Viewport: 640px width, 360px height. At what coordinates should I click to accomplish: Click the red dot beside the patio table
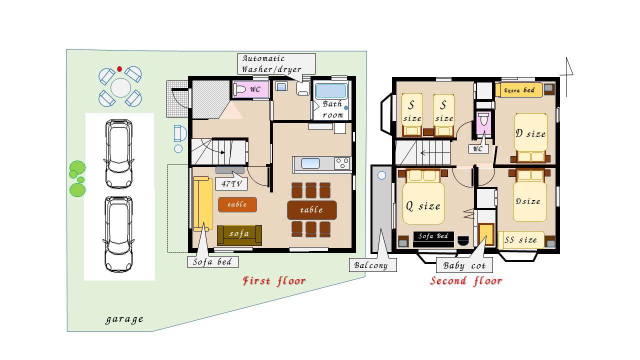point(119,69)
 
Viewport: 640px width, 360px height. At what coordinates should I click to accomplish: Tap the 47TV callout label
point(231,183)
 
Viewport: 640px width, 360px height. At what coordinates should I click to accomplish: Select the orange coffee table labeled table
point(237,204)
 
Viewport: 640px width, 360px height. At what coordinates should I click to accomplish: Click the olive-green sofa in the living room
point(239,235)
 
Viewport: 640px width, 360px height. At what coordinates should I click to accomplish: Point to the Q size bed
point(423,203)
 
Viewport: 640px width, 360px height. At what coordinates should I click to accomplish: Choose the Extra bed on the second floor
point(519,90)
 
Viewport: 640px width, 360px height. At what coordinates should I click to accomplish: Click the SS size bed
point(521,240)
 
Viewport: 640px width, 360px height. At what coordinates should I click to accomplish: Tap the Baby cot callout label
point(464,265)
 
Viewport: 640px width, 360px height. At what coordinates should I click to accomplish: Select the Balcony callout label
point(372,265)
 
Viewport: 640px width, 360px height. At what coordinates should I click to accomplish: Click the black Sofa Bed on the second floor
point(433,239)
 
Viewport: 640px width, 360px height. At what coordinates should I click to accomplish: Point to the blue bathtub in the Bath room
point(331,91)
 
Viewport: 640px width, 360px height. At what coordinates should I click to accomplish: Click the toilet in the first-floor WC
point(239,89)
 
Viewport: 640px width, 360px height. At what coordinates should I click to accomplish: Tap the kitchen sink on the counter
point(310,163)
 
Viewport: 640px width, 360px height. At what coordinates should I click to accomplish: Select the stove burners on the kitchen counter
point(342,163)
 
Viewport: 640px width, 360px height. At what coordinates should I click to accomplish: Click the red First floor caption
point(274,281)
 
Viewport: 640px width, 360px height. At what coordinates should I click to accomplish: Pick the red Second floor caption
point(466,281)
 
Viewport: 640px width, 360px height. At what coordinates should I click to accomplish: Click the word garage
point(124,319)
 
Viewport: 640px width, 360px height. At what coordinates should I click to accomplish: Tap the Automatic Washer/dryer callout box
point(276,63)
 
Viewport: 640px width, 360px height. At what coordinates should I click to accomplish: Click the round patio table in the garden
point(120,87)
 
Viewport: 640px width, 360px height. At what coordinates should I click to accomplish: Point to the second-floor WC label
point(478,148)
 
